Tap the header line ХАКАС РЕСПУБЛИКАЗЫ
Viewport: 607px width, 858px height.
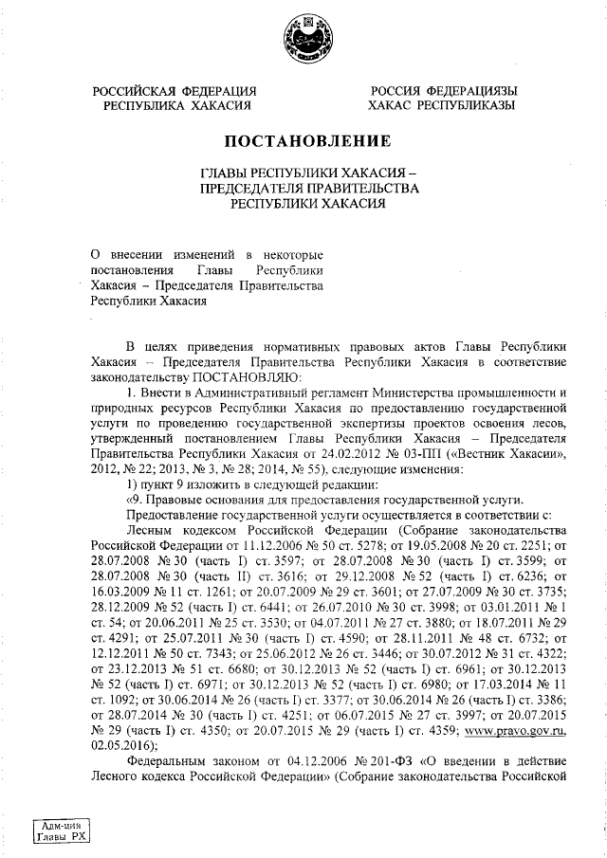(x=442, y=106)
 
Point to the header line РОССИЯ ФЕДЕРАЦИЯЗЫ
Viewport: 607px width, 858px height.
(x=443, y=91)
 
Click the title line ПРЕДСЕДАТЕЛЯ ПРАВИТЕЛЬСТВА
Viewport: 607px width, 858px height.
(x=307, y=189)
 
